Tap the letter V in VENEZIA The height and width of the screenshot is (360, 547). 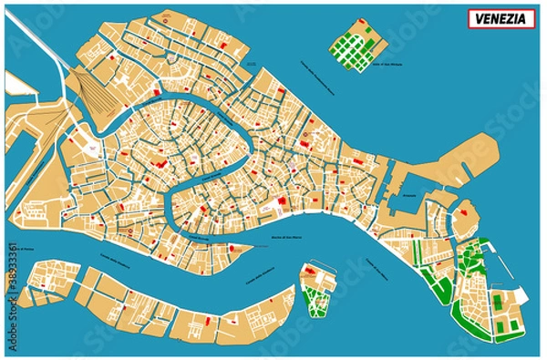click(476, 18)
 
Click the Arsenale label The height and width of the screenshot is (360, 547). click(408, 195)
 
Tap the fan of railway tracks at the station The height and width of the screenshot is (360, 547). click(91, 91)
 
